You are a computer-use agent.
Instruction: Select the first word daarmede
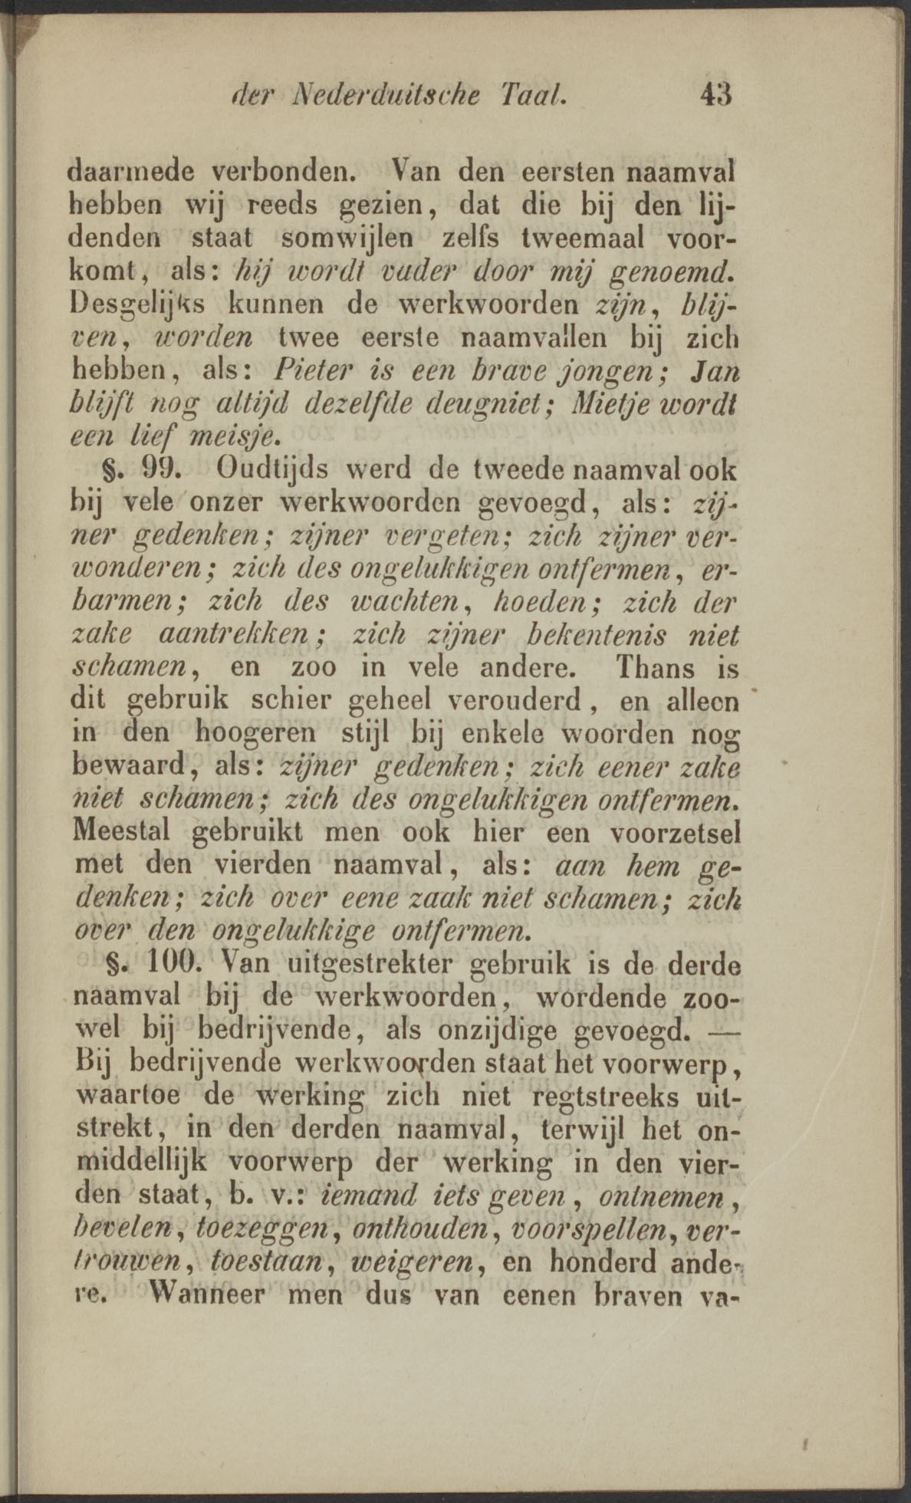tap(130, 169)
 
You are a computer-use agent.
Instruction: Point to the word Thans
tap(655, 667)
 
